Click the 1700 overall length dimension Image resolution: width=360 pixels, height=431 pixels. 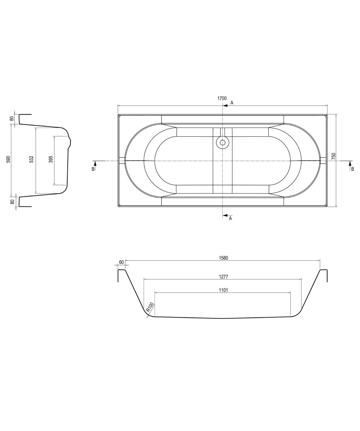pos(222,98)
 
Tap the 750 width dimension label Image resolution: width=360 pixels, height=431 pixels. pos(334,156)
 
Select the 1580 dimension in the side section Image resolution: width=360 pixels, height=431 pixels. pos(223,258)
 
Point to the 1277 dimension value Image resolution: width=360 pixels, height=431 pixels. pos(223,276)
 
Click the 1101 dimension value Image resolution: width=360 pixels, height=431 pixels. pos(223,290)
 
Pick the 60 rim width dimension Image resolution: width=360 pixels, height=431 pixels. pos(121,262)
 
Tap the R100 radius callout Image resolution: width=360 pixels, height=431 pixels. pos(150,307)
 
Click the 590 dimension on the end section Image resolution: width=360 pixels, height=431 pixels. pos(8,159)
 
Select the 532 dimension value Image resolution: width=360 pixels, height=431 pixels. pos(31,159)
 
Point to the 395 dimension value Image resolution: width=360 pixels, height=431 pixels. pos(51,159)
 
